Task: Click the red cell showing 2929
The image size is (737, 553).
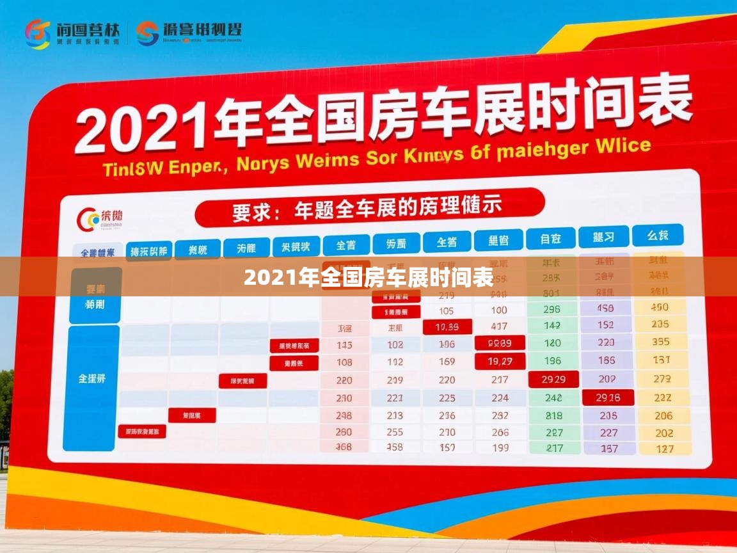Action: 553,379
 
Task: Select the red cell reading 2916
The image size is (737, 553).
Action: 607,397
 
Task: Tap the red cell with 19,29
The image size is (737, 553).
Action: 500,362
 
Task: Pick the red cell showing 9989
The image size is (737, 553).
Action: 500,343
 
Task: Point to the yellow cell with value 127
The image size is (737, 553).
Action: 664,449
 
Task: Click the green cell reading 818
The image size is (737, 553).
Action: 553,415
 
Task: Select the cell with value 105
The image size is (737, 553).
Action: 447,310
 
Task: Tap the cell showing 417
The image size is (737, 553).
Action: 500,326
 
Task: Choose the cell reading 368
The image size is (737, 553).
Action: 344,447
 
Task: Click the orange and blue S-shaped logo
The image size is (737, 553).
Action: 148,33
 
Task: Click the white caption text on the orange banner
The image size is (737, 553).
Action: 368,278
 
